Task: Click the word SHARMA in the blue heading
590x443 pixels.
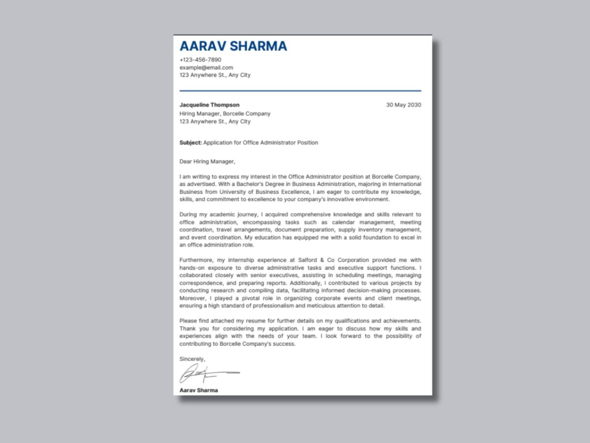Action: point(258,46)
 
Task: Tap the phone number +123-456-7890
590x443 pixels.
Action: point(200,60)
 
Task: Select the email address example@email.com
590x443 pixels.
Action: point(206,67)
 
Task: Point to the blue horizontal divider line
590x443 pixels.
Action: point(300,91)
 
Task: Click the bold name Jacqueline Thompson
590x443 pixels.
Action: point(209,105)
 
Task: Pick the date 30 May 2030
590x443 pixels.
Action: point(403,105)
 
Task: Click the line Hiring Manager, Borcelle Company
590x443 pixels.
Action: point(225,113)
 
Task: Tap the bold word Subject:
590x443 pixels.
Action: point(191,143)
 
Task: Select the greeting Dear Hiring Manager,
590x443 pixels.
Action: point(207,161)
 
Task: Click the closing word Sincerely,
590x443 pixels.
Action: point(192,359)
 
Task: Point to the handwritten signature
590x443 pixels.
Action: point(206,374)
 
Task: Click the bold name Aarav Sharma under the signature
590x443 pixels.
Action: point(199,390)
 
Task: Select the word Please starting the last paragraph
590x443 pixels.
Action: point(188,320)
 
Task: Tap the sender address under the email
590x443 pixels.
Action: point(215,75)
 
